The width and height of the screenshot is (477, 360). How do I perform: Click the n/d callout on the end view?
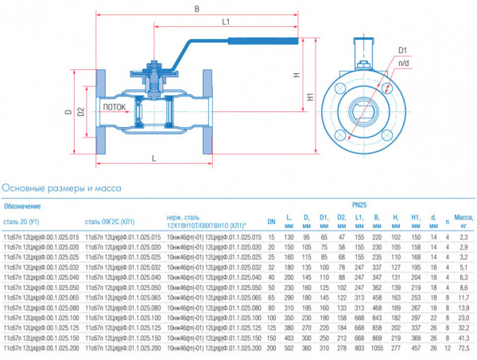tap(404, 62)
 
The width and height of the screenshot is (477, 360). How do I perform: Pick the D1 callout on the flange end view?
tap(403, 49)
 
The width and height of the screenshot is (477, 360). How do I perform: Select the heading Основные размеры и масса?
tap(62, 188)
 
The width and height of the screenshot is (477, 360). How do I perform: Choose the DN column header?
tap(270, 220)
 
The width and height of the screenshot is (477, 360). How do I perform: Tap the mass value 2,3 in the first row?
tap(464, 236)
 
